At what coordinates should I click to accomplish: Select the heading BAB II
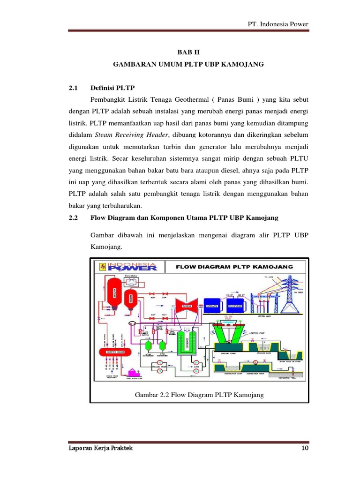(x=189, y=54)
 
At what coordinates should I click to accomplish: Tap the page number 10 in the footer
(x=305, y=449)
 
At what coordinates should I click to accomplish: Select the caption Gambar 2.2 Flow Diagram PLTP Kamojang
(x=199, y=395)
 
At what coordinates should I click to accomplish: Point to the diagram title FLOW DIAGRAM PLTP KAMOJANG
(x=234, y=267)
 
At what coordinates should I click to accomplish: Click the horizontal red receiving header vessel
(x=113, y=352)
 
